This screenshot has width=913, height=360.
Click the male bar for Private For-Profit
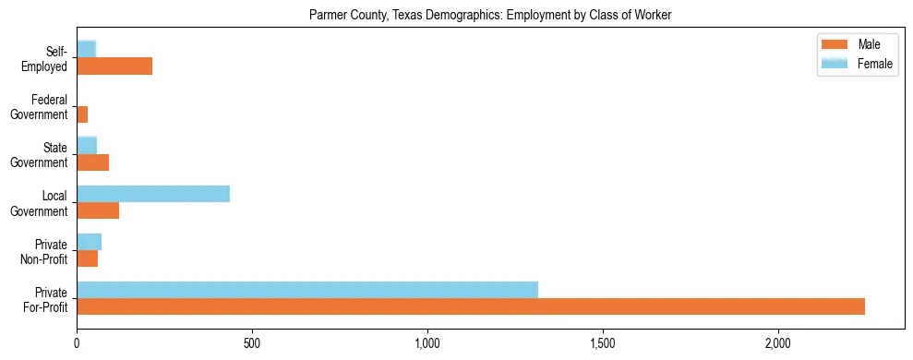click(471, 307)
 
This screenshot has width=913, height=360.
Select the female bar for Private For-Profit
click(307, 290)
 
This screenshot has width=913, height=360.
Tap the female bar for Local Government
click(153, 194)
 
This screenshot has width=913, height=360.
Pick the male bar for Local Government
click(98, 211)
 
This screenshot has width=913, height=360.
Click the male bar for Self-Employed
click(114, 66)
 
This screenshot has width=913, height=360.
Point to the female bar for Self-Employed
click(87, 49)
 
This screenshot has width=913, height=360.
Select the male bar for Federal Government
click(82, 114)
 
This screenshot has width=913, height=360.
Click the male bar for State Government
click(92, 163)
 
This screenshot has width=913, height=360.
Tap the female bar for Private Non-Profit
click(89, 242)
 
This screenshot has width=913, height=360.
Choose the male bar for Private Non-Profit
click(87, 259)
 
